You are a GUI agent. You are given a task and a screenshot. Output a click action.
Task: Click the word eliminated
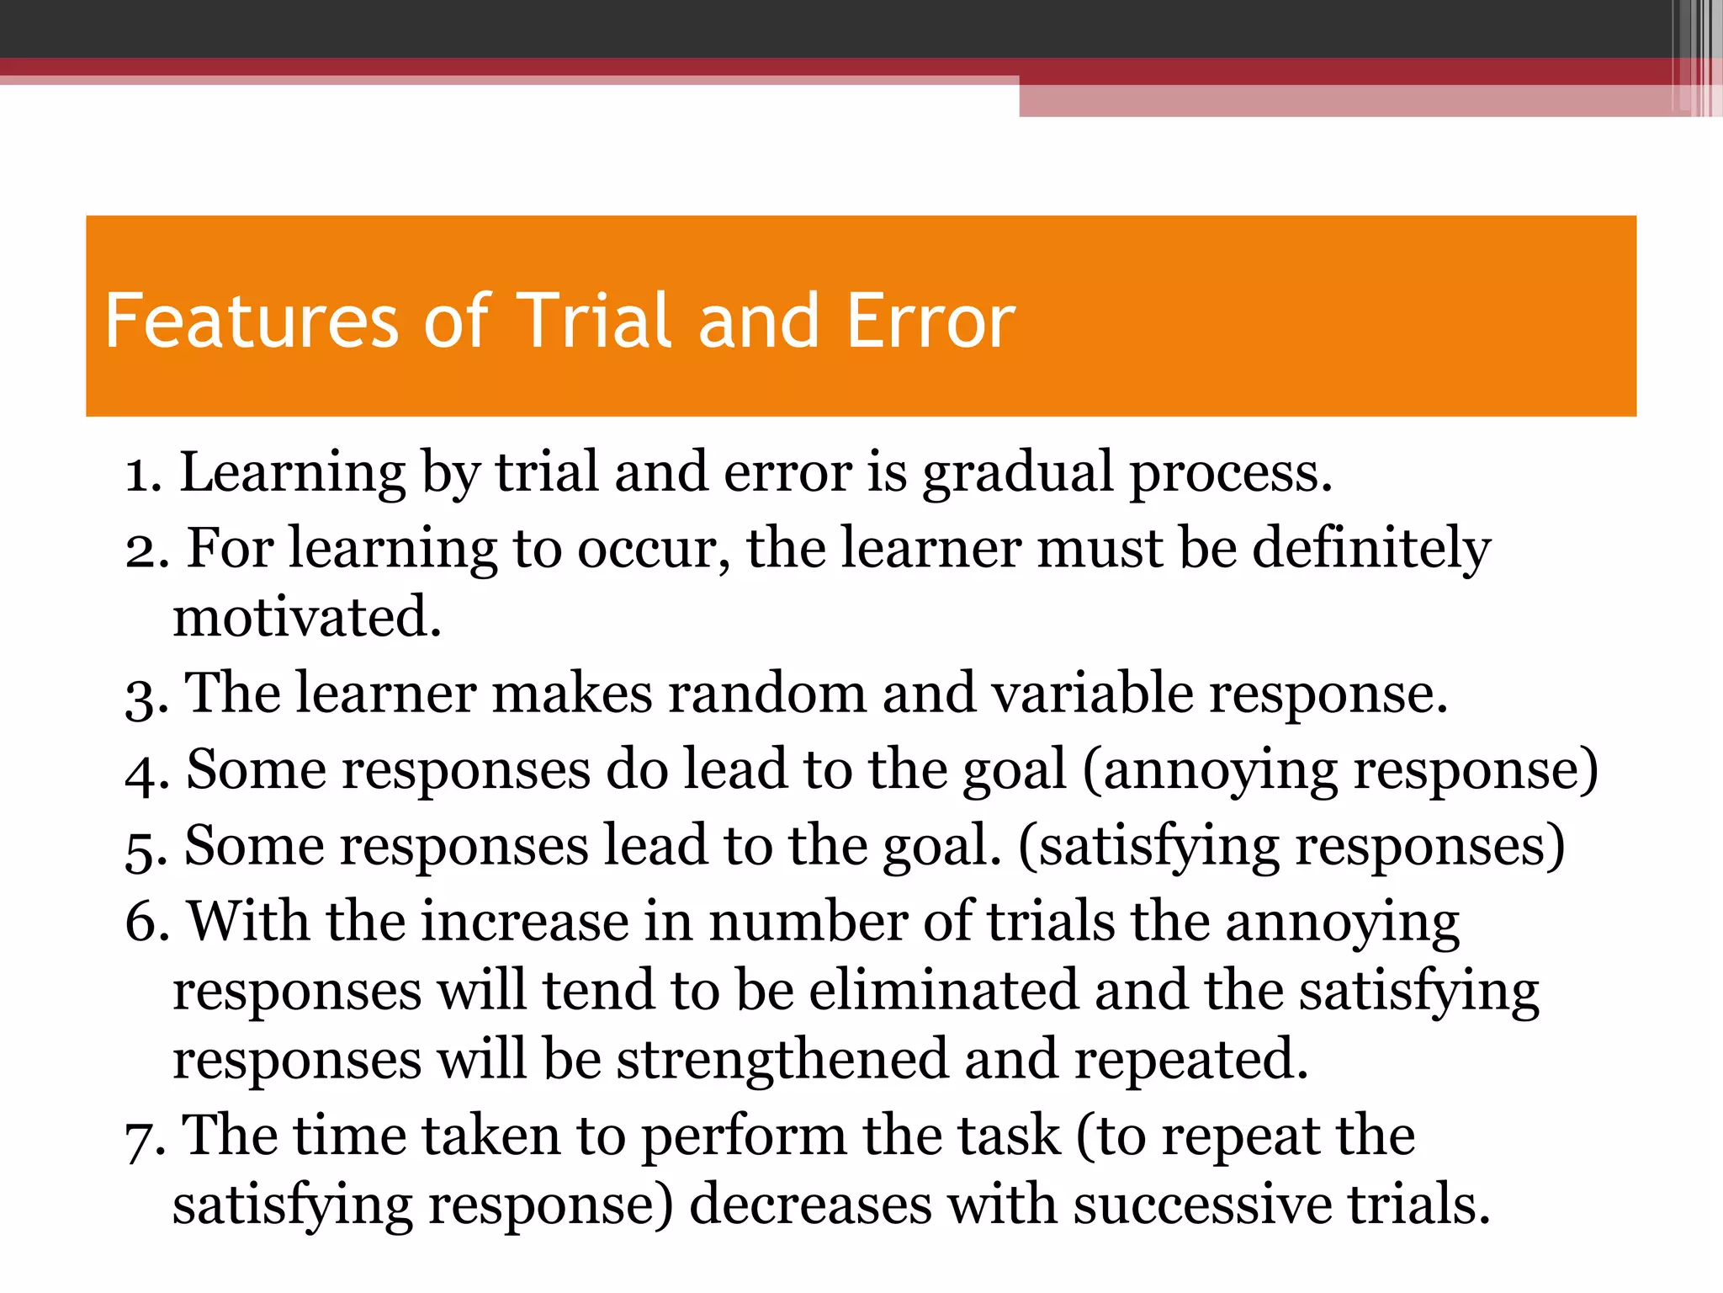coord(943,991)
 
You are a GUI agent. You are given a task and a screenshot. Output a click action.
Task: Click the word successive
coord(1203,1205)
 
